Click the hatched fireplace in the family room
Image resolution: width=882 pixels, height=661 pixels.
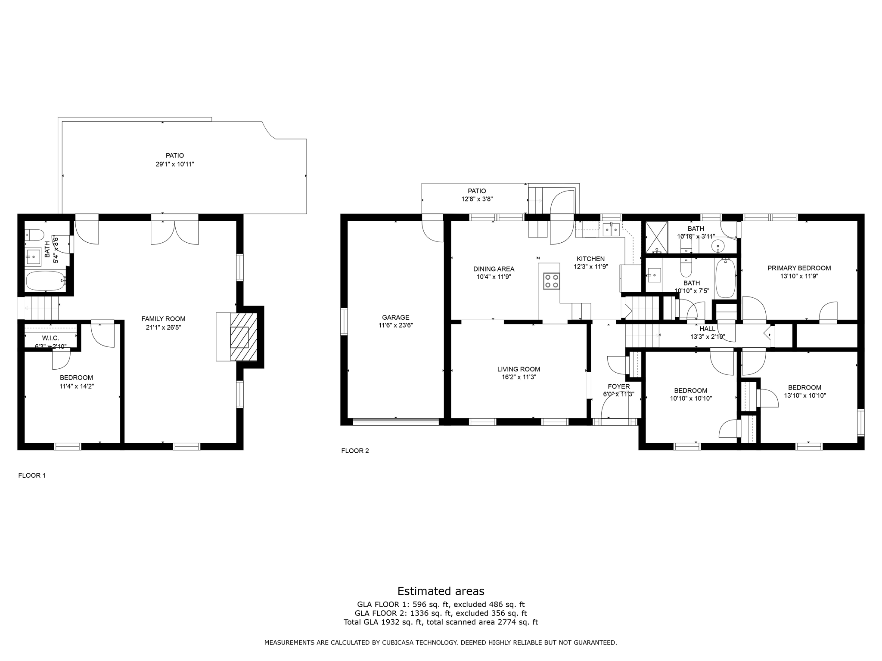click(x=244, y=337)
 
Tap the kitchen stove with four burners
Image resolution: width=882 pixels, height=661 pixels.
click(x=552, y=281)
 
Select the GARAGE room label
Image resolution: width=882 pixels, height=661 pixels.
click(x=395, y=318)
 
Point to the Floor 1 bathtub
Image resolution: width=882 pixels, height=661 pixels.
click(x=45, y=281)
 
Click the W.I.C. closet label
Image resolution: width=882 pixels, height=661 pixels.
click(x=50, y=338)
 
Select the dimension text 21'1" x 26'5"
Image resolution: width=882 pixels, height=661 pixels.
click(x=163, y=327)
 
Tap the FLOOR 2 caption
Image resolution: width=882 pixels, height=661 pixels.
click(x=355, y=451)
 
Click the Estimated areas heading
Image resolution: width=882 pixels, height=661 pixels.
click(x=441, y=591)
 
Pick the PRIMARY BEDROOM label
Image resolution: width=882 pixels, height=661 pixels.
click(x=799, y=268)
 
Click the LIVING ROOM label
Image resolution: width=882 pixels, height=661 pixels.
click(x=519, y=369)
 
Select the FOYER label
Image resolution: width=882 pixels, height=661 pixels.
click(x=618, y=386)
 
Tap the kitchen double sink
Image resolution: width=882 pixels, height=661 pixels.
click(x=611, y=230)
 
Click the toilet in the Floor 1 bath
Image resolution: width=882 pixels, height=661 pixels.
click(x=34, y=235)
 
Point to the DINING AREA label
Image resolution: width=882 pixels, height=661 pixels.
click(x=494, y=269)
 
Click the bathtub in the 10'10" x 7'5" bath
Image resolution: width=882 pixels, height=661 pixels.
click(x=725, y=278)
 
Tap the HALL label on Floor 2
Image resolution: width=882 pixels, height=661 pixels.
click(x=708, y=329)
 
